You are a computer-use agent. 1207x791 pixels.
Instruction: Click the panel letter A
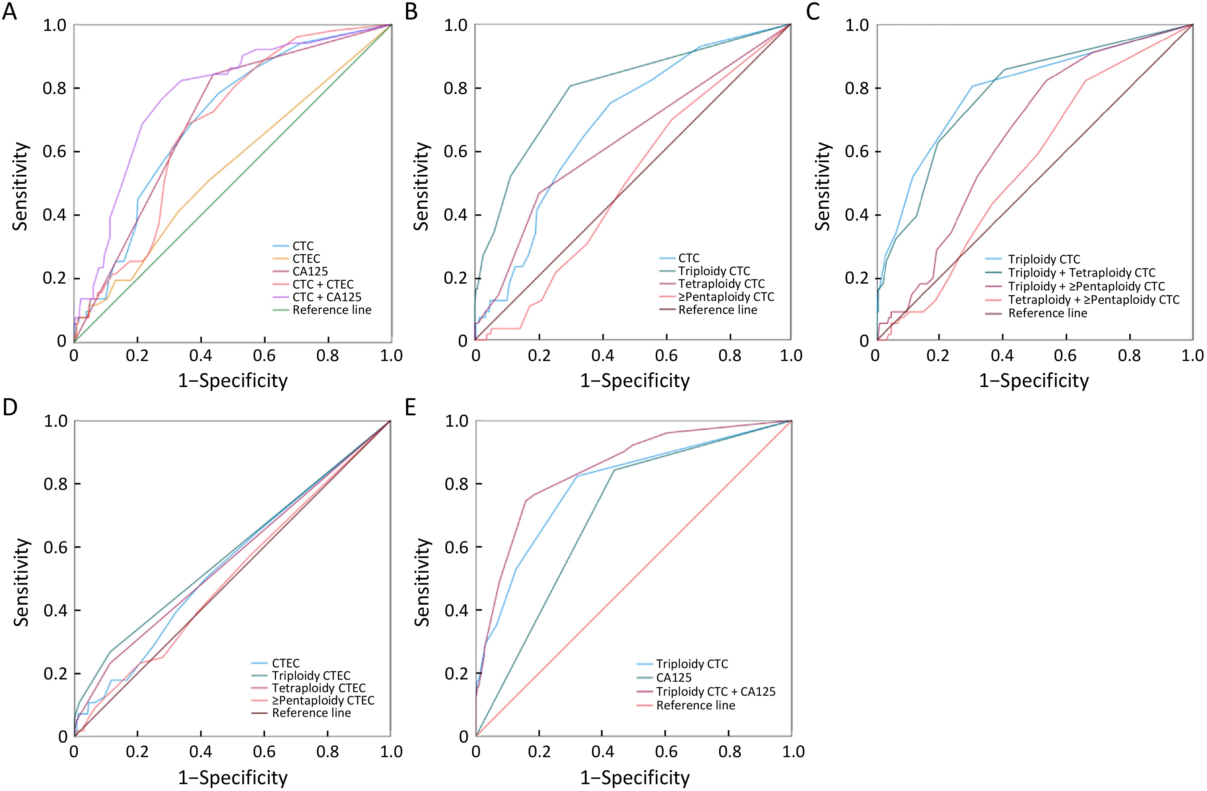(10, 11)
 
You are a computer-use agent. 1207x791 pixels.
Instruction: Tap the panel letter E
(410, 408)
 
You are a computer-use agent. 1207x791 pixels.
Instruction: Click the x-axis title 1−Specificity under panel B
(635, 381)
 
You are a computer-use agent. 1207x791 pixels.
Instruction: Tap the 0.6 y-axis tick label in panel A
(55, 152)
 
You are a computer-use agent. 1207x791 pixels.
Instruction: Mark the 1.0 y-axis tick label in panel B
(456, 25)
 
